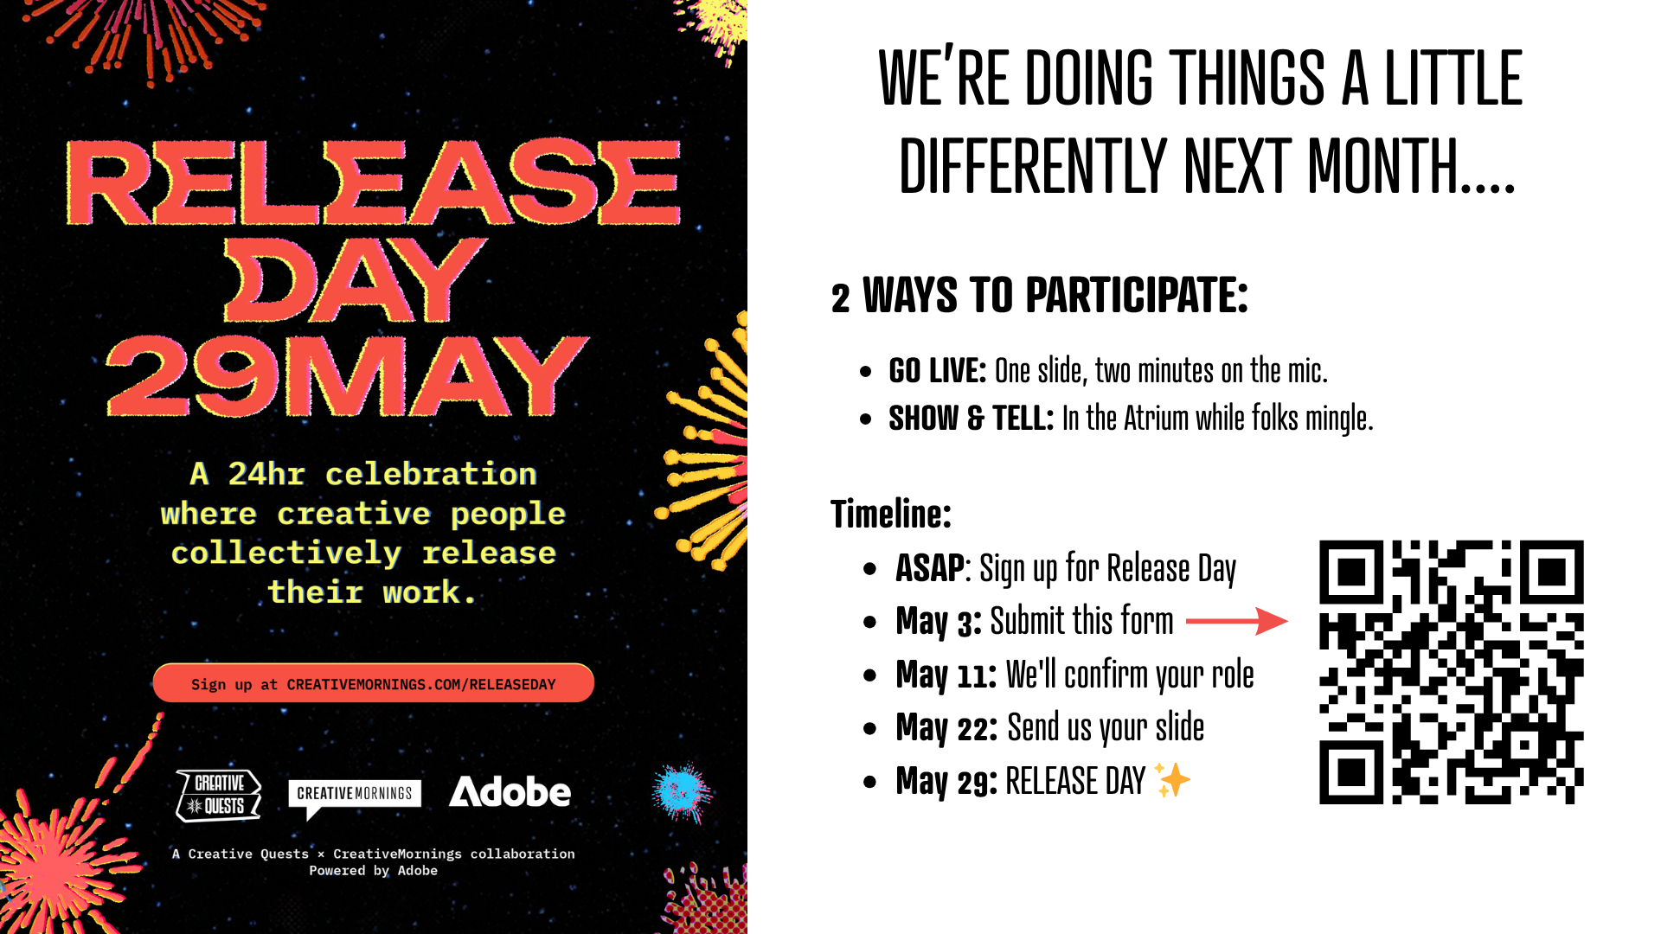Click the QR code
[x=1451, y=672]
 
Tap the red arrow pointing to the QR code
[x=1236, y=621]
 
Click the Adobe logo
[x=510, y=791]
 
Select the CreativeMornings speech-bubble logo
[x=355, y=798]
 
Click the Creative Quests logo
[x=219, y=795]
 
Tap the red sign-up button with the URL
[x=373, y=683]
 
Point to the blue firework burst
[x=682, y=790]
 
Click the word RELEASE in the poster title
[x=373, y=182]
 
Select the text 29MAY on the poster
[x=347, y=375]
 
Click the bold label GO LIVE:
[x=937, y=370]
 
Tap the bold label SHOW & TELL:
[x=971, y=419]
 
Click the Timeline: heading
[x=891, y=514]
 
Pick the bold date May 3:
[x=939, y=622]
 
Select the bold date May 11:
[x=946, y=675]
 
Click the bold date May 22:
[x=947, y=728]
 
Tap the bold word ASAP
[x=930, y=568]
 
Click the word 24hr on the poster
[x=266, y=474]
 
